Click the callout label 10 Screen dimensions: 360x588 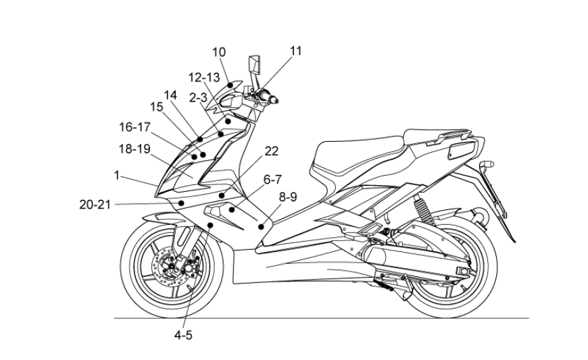(x=219, y=52)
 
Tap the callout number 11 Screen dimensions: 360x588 (x=296, y=50)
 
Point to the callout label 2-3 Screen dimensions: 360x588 (x=198, y=98)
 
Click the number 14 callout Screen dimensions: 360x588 (x=170, y=95)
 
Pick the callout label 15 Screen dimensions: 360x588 (x=156, y=107)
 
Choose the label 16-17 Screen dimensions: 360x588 (x=135, y=127)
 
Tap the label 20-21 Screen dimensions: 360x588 (x=95, y=204)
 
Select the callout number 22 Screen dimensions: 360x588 (x=270, y=151)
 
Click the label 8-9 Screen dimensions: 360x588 (x=287, y=197)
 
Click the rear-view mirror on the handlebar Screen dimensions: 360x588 (x=255, y=66)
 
